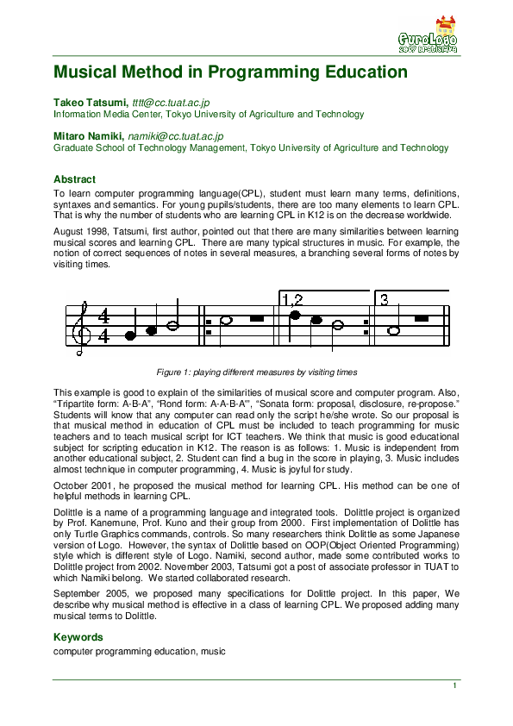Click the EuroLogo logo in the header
(x=429, y=36)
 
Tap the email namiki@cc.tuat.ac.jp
(x=176, y=136)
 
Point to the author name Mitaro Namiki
(x=89, y=136)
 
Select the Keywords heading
(x=78, y=637)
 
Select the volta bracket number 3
(x=385, y=300)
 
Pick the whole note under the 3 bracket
(x=394, y=330)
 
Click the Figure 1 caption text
(x=256, y=372)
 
